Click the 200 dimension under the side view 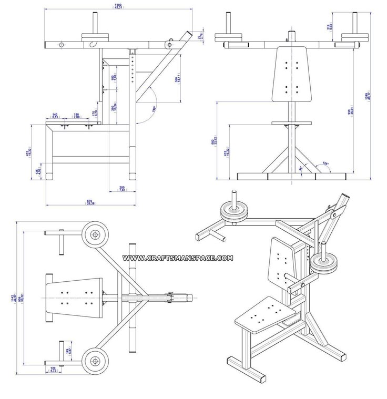point(122,189)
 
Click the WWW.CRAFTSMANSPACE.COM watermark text point(178,258)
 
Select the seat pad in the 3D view point(261,315)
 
